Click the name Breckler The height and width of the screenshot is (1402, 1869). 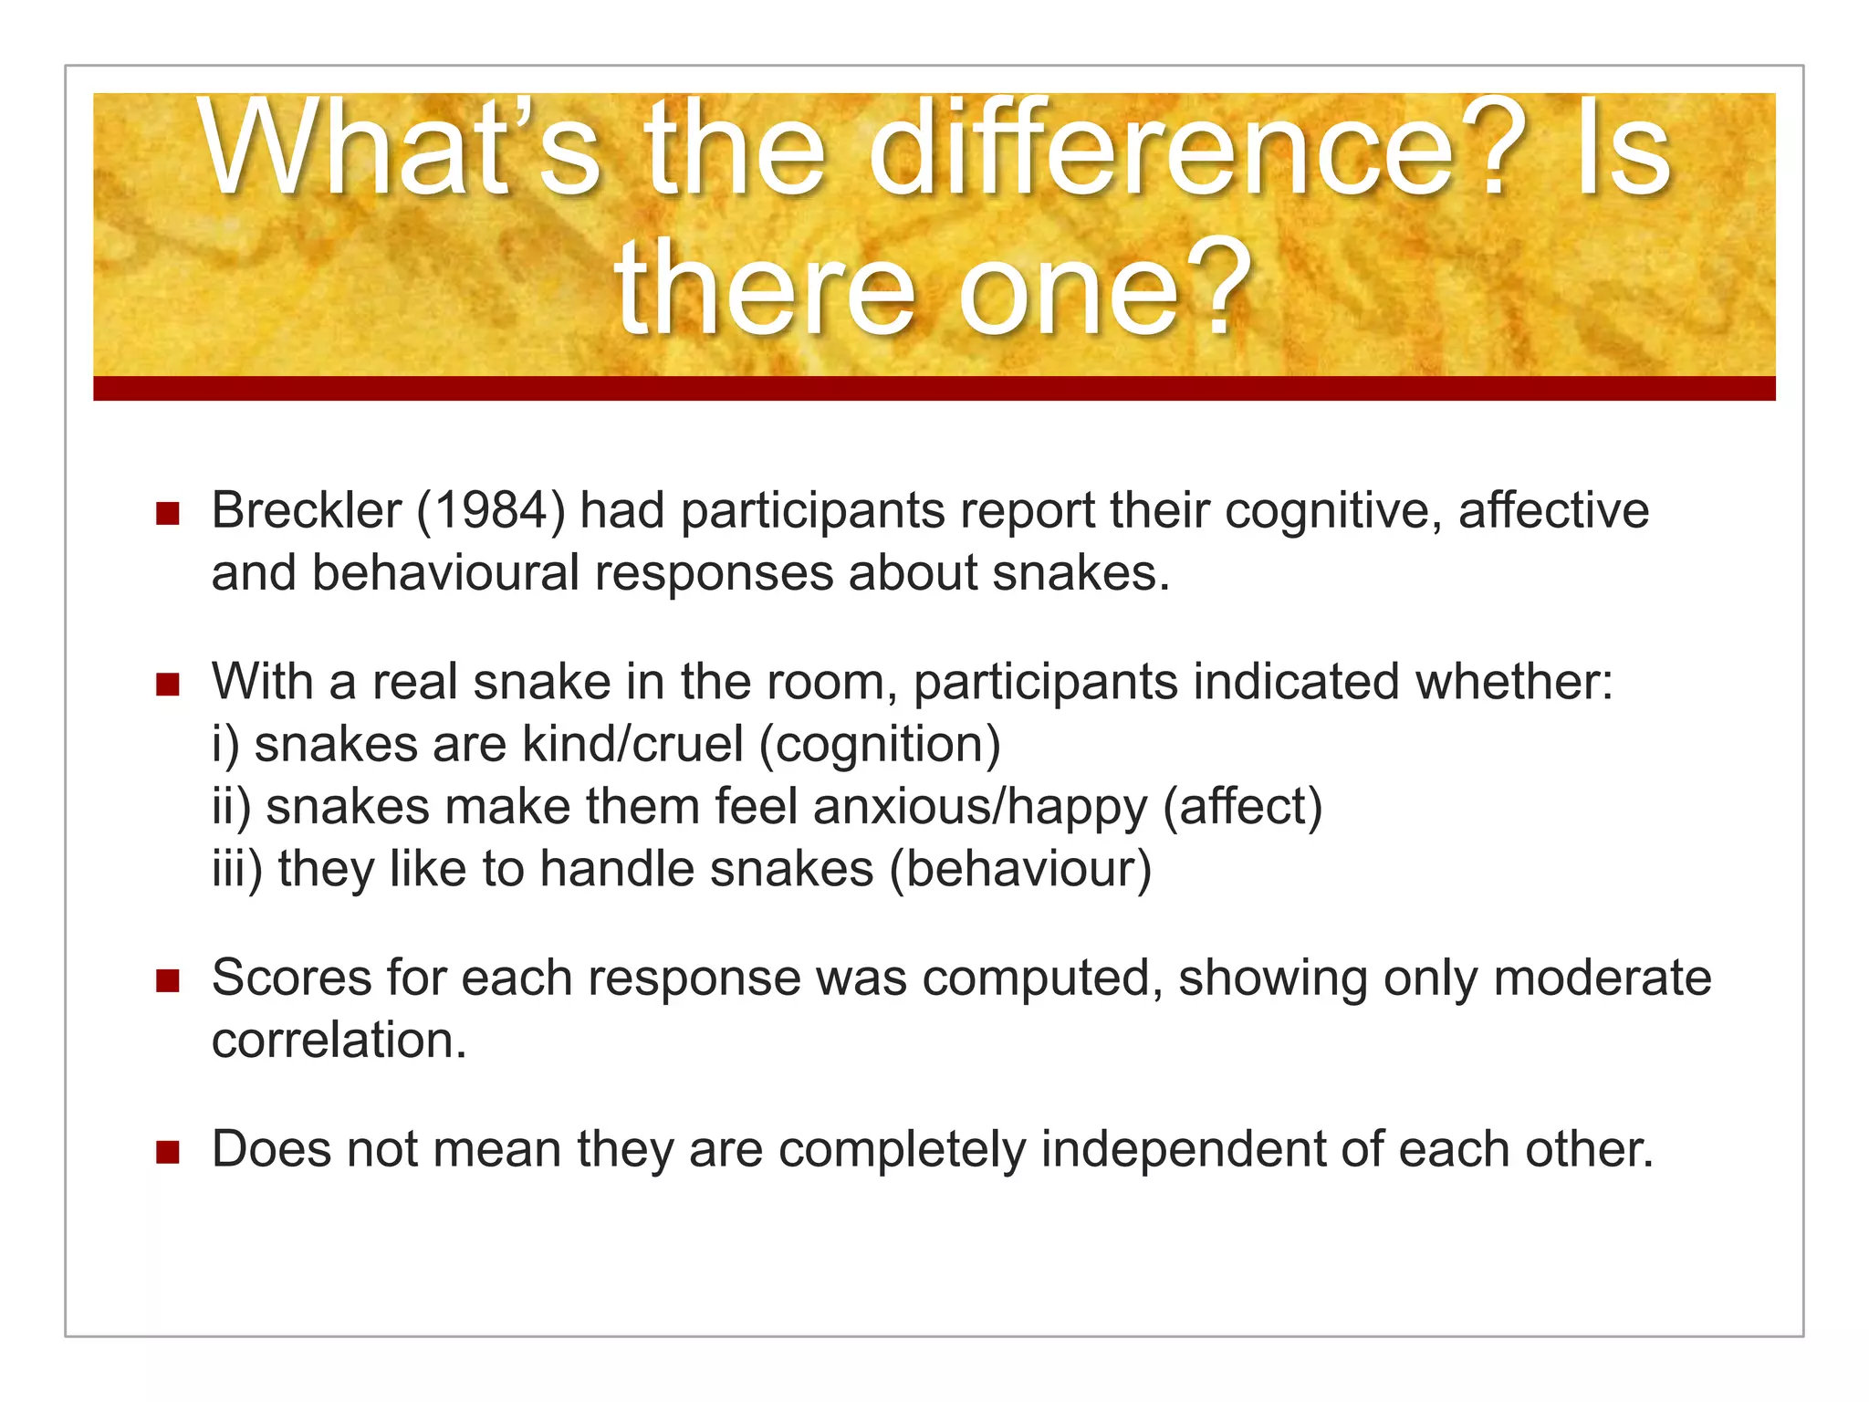point(306,509)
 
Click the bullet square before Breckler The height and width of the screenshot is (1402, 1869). point(168,513)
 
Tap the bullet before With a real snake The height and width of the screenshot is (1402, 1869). point(168,685)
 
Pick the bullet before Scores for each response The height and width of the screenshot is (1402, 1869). point(168,981)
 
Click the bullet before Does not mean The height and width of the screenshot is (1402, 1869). point(168,1152)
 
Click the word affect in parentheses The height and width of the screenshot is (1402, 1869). point(1243,807)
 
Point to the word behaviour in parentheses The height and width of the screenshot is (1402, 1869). point(1020,869)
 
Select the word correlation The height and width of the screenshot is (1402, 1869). point(339,1041)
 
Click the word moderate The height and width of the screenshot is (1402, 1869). point(1602,978)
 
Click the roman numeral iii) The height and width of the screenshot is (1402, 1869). point(236,869)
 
